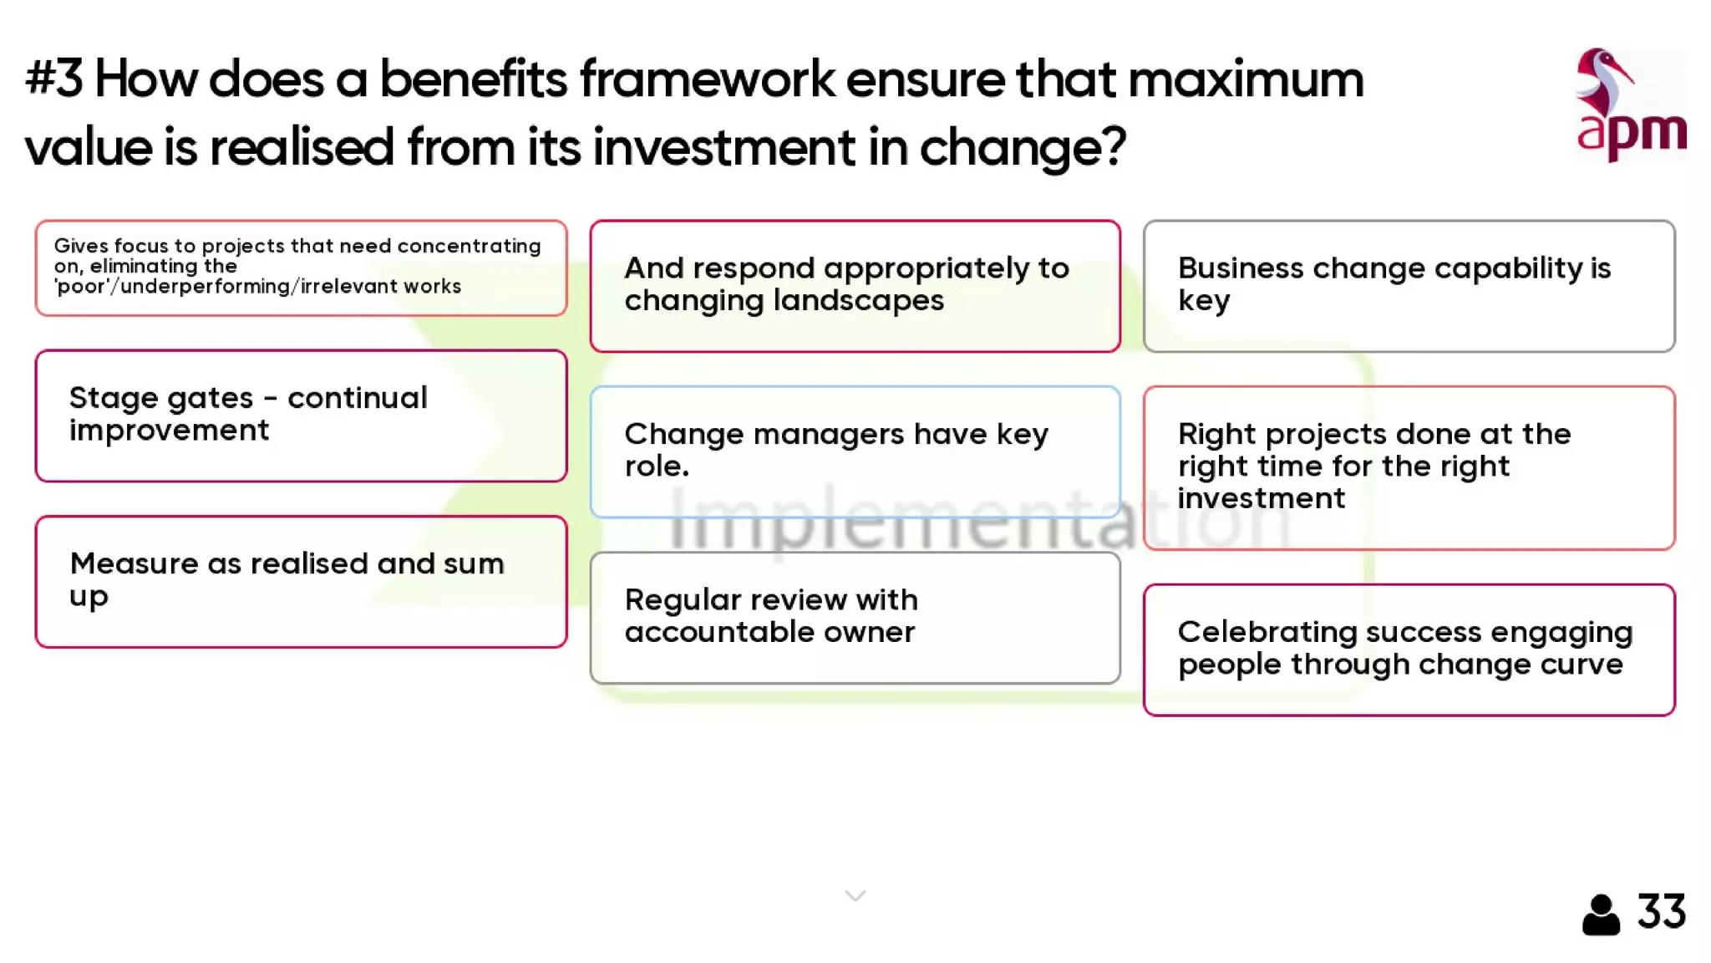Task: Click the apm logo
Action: point(1630,106)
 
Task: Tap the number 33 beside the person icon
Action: point(1661,911)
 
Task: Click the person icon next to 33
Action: point(1601,915)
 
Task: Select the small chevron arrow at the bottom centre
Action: point(855,896)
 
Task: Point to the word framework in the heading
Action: point(707,79)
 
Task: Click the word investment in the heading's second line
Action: point(723,147)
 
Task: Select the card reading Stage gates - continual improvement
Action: point(301,415)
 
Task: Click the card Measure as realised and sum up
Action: point(301,581)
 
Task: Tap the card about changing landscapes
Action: point(855,286)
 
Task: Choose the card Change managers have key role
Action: point(855,451)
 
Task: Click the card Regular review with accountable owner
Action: point(855,617)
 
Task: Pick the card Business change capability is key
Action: point(1409,286)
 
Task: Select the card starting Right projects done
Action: point(1409,467)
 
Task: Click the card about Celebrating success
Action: point(1409,650)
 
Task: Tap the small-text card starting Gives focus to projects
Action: point(301,267)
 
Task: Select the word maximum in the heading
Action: point(1245,79)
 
